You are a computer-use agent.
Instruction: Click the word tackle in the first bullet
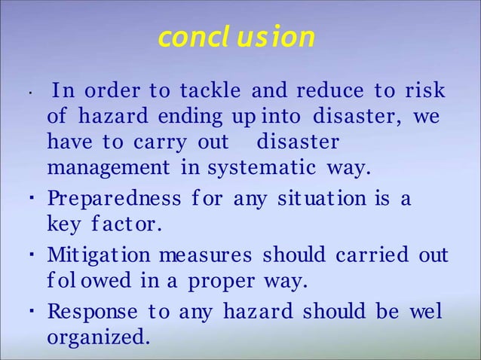pyautogui.click(x=209, y=93)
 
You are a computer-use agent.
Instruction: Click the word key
pyautogui.click(x=63, y=225)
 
